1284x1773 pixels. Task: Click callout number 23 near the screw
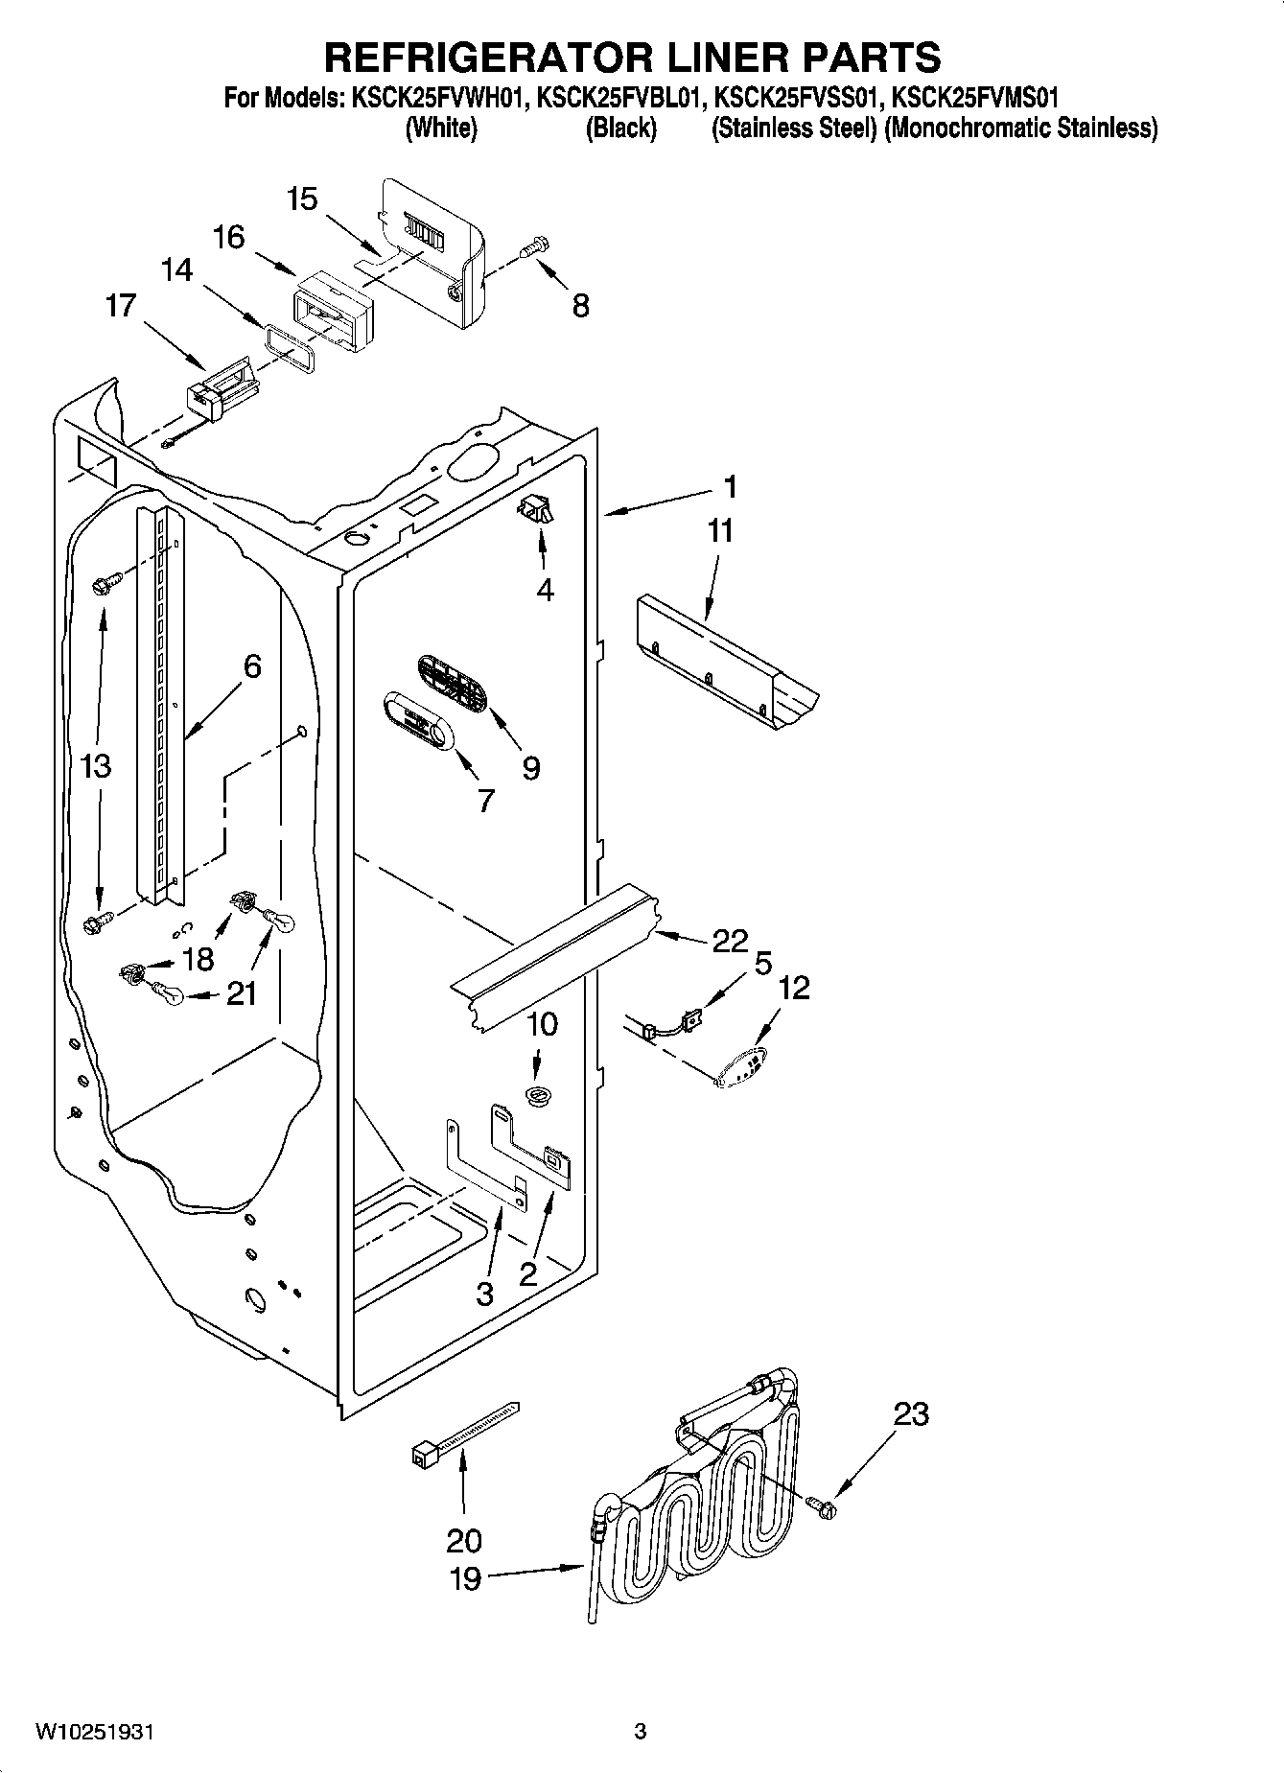click(x=911, y=1413)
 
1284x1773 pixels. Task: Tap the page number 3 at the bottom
click(x=641, y=1732)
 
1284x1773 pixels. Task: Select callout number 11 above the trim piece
click(x=719, y=530)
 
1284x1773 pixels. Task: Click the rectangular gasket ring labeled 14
click(x=288, y=344)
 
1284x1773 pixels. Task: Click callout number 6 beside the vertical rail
click(x=251, y=665)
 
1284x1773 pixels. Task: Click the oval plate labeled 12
click(x=745, y=1067)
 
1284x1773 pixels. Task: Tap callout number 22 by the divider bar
click(x=729, y=942)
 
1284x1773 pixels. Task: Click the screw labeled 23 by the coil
click(x=821, y=1508)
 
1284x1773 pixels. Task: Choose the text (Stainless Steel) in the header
click(x=794, y=128)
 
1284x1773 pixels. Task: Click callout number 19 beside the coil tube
click(x=465, y=1578)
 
